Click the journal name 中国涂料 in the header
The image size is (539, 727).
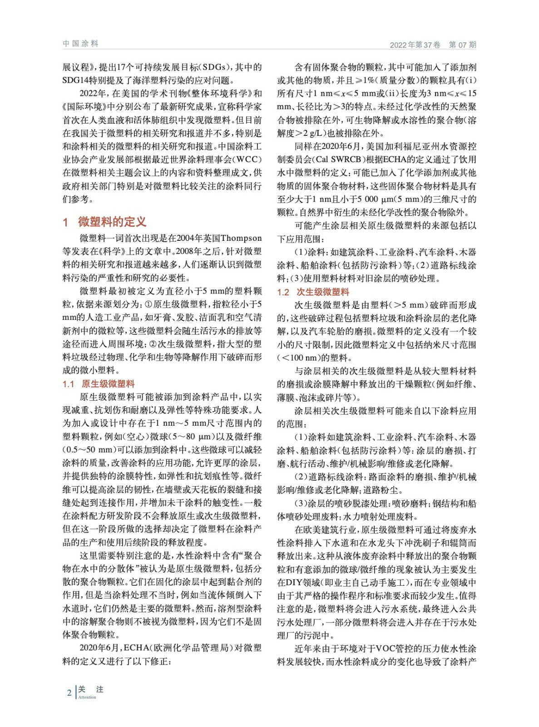pyautogui.click(x=80, y=44)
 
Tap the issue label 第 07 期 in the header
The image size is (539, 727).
pyautogui.click(x=462, y=45)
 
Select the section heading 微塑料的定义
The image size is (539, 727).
pyautogui.click(x=112, y=222)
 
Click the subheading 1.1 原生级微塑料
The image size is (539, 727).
pyautogui.click(x=99, y=384)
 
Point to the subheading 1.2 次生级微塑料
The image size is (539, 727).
pyautogui.click(x=313, y=292)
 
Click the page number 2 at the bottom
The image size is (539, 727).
pyautogui.click(x=69, y=693)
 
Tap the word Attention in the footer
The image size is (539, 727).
pyautogui.click(x=87, y=697)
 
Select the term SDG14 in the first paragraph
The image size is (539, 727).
pyautogui.click(x=77, y=80)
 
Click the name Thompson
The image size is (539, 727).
pyautogui.click(x=241, y=238)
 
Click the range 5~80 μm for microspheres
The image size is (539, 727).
pyautogui.click(x=185, y=437)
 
